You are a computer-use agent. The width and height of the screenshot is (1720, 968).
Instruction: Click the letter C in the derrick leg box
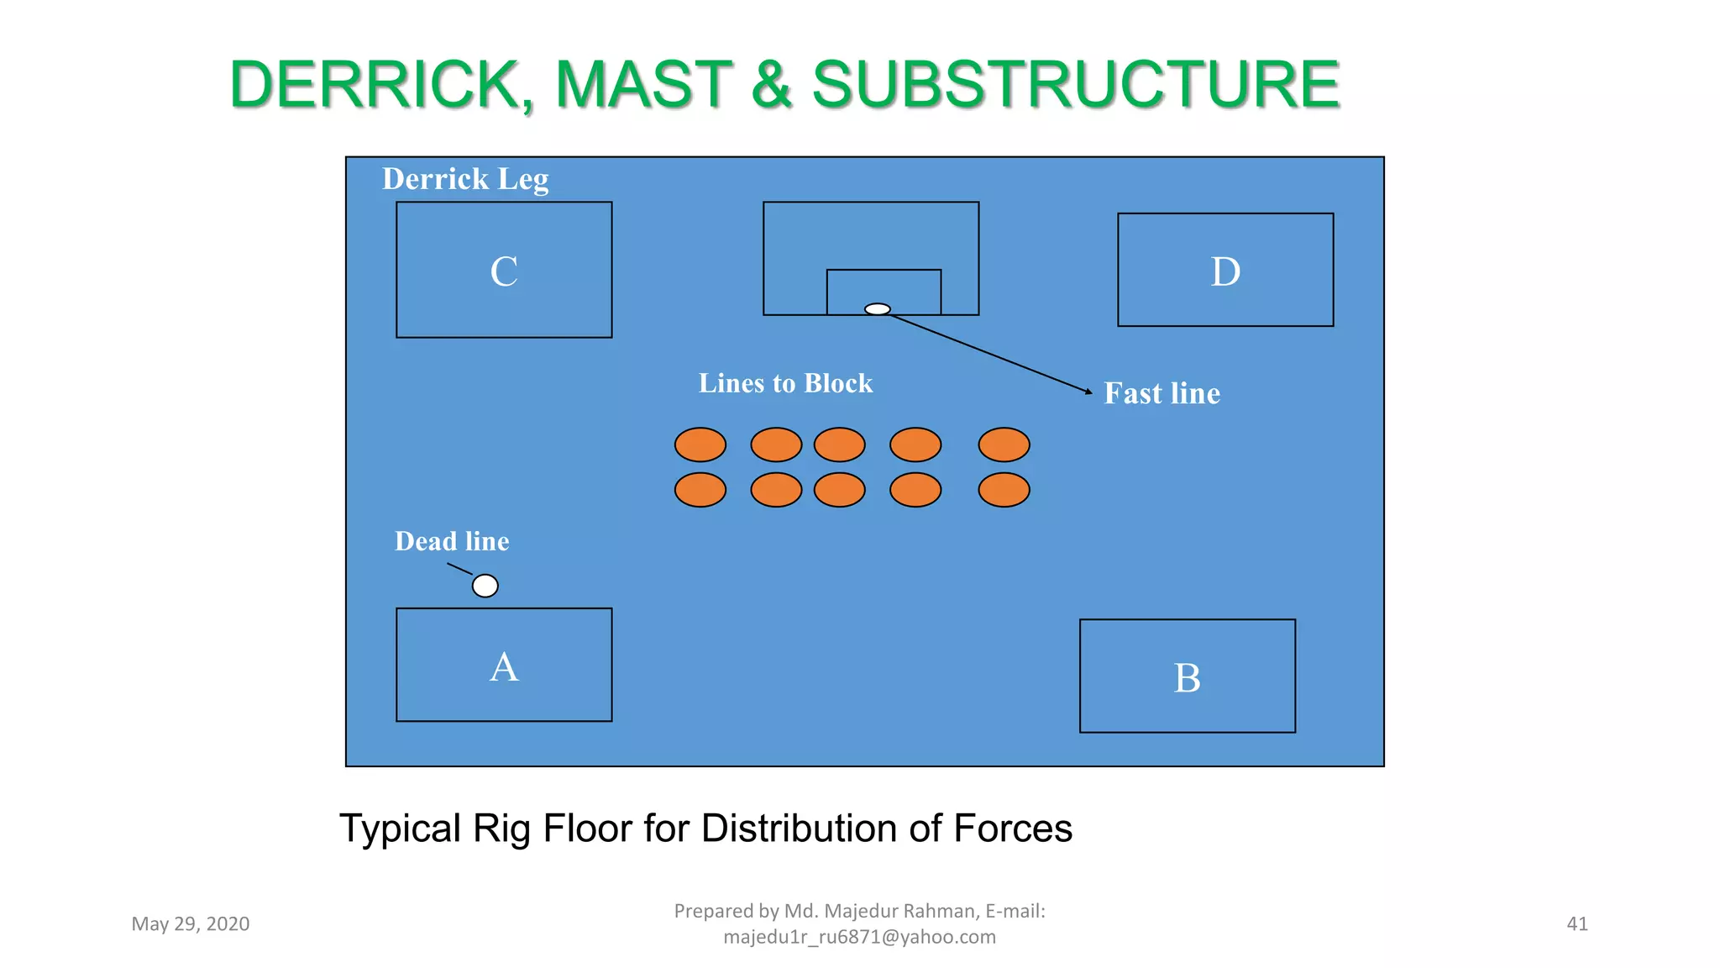(x=504, y=272)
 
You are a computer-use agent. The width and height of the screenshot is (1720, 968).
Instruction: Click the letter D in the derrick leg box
(x=1225, y=272)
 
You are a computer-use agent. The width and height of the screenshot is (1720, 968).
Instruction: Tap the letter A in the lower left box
(x=504, y=668)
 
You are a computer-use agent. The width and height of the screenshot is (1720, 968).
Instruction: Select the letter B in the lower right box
(x=1187, y=678)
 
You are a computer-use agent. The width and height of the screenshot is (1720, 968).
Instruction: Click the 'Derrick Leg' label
(x=465, y=180)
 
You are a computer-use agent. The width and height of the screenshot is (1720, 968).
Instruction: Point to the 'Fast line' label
(x=1162, y=393)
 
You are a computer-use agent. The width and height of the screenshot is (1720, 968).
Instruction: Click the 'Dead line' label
(x=452, y=541)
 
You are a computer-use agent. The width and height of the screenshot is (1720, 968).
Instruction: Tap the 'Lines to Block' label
(x=785, y=383)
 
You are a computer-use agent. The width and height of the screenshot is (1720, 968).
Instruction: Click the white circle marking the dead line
(x=485, y=586)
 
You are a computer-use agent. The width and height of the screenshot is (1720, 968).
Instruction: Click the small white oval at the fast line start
(x=877, y=309)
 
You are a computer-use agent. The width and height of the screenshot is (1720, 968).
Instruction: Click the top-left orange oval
(x=700, y=445)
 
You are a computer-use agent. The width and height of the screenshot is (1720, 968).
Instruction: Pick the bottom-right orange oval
(x=1004, y=490)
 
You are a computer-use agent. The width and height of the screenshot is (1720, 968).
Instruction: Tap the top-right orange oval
(x=1004, y=445)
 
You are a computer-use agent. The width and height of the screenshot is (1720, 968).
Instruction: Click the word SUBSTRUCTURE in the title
(x=1075, y=85)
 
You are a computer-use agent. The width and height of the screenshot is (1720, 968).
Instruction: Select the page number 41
(x=1577, y=924)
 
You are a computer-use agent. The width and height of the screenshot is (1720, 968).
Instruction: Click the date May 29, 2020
(x=191, y=924)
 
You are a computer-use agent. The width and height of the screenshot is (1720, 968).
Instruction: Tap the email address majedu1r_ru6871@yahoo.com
(x=859, y=937)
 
